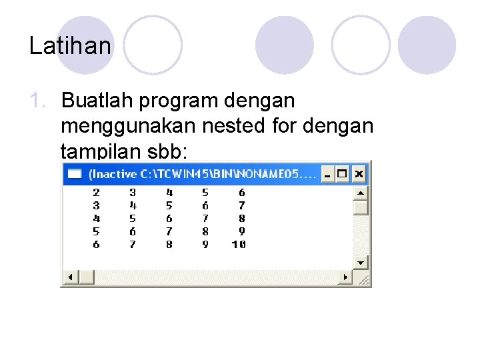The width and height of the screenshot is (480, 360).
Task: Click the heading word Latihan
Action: point(71,45)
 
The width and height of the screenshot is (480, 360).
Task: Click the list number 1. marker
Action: point(41,101)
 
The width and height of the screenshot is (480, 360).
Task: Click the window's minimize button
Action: point(327,175)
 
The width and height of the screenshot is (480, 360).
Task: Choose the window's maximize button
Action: point(343,175)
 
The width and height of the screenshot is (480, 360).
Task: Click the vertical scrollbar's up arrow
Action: point(361,193)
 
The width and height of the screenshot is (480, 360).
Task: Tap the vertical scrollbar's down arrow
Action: point(361,262)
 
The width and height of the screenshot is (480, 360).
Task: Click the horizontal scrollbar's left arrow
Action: point(69,277)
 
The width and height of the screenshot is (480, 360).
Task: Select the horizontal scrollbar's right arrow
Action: point(345,277)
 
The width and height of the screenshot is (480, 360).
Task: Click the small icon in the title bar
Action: point(75,175)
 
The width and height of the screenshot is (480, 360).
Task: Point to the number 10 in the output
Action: point(239,245)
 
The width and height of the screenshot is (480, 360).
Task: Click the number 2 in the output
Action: point(96,192)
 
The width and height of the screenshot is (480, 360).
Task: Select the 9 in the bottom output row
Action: point(205,245)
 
